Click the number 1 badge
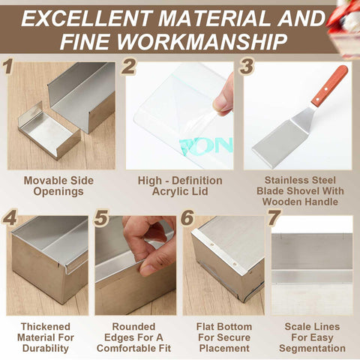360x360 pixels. click(9, 67)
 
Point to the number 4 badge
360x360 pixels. click(10, 219)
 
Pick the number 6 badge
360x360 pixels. click(188, 219)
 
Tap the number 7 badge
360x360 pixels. click(274, 219)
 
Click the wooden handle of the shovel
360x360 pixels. click(329, 85)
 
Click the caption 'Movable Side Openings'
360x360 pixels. click(60, 187)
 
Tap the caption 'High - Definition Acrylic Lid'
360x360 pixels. click(180, 187)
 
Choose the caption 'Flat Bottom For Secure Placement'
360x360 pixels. click(223, 337)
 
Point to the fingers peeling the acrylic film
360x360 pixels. click(224, 94)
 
